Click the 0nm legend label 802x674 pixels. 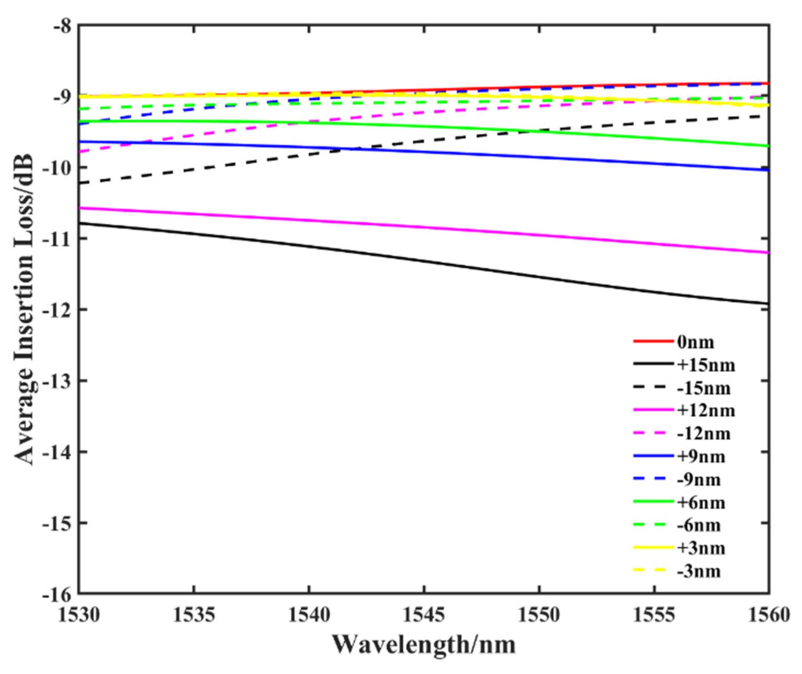695,342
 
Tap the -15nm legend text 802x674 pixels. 704,389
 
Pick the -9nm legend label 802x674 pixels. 699,480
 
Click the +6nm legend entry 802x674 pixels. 701,503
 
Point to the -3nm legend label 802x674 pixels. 699,571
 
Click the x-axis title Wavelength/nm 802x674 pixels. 424,645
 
